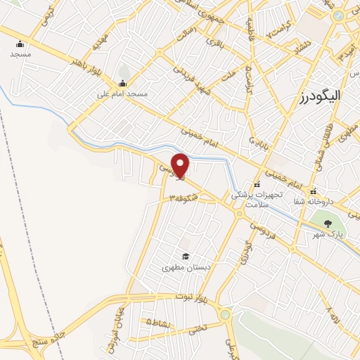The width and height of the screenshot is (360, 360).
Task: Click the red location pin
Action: point(181,165)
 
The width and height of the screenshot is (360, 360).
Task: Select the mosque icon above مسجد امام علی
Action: point(122,84)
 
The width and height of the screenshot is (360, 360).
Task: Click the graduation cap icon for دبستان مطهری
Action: point(186,256)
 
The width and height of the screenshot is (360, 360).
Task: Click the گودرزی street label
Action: point(245,252)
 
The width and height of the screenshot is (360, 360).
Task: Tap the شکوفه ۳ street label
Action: point(184,199)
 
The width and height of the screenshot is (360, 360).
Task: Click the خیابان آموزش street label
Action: point(114,322)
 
